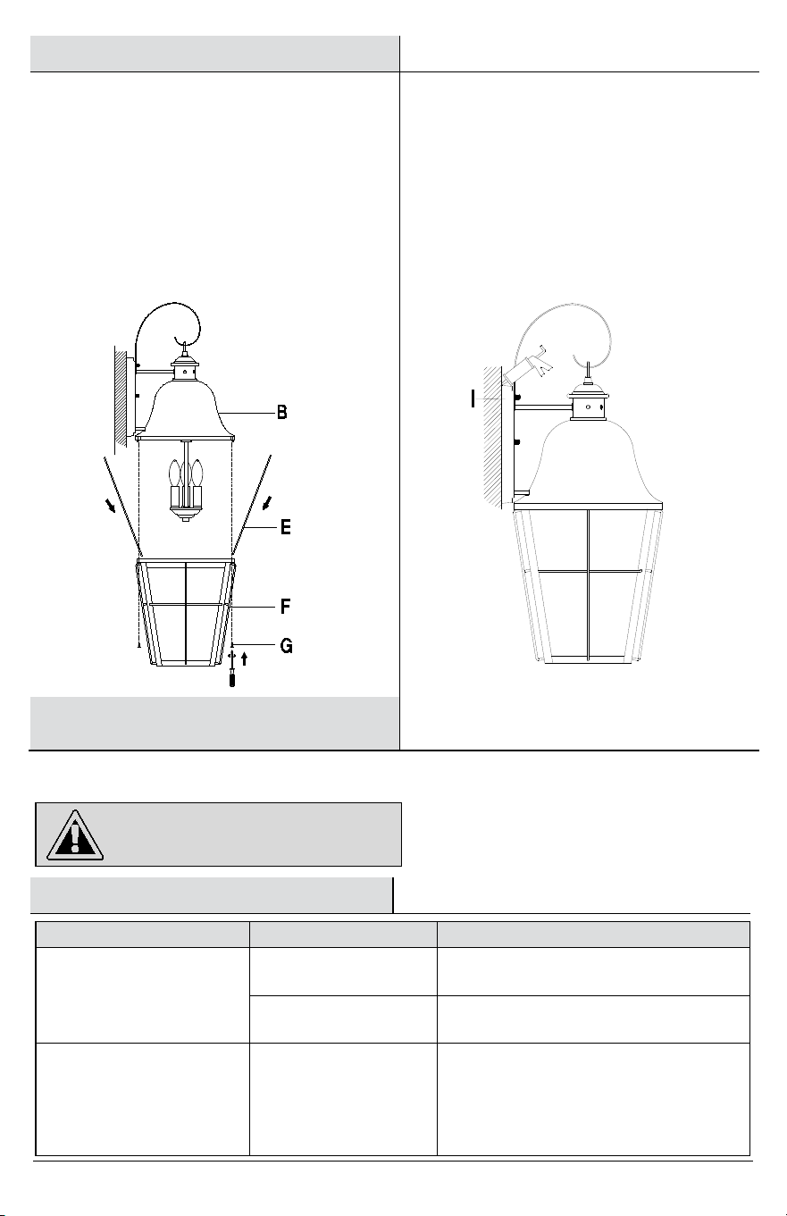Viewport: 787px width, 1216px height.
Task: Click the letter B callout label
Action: click(x=281, y=412)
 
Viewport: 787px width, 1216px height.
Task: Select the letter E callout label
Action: click(x=286, y=527)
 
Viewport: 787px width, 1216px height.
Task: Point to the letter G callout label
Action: click(x=286, y=645)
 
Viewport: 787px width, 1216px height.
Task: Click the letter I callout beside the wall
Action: click(x=473, y=399)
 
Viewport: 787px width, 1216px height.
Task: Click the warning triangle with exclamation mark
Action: click(x=74, y=835)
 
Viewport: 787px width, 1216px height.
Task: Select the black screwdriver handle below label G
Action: click(x=232, y=678)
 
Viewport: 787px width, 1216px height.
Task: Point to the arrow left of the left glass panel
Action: click(x=111, y=507)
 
